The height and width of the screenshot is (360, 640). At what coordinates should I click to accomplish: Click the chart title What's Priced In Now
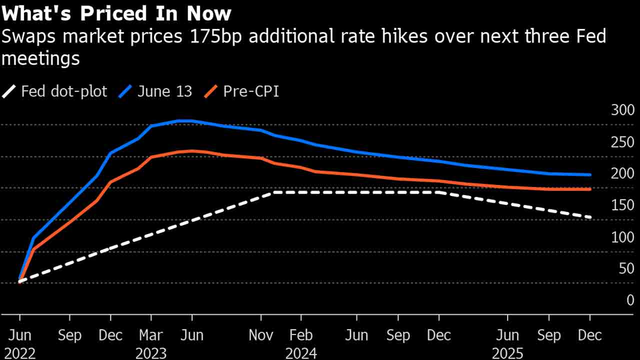tap(116, 13)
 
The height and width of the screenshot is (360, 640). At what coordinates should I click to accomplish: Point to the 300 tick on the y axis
tap(622, 110)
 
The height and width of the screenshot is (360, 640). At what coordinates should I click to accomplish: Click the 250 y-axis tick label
tap(622, 142)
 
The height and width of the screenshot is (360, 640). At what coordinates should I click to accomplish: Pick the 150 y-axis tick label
tap(622, 205)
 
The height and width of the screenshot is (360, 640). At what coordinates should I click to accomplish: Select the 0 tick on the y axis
tap(630, 300)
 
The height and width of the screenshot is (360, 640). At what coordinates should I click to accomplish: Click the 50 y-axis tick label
tap(626, 268)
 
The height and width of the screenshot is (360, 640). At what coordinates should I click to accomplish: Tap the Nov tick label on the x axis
tap(261, 335)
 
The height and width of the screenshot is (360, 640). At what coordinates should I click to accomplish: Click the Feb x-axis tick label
tap(301, 335)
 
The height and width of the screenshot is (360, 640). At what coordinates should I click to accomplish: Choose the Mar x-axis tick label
tap(151, 335)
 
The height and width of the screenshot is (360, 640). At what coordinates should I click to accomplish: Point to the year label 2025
tap(507, 353)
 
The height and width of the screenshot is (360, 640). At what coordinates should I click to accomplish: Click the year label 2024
tap(301, 353)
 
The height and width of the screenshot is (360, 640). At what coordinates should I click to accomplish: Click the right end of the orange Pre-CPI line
tap(590, 189)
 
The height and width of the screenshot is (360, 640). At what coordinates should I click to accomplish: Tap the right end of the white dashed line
tap(590, 217)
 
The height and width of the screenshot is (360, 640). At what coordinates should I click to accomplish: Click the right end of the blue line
tap(590, 175)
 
